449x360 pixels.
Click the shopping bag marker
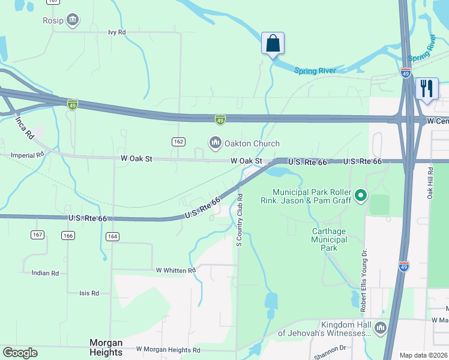[273, 44]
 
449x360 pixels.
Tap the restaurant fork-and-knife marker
[427, 89]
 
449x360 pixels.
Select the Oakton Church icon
[215, 143]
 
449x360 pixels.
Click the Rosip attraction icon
[73, 20]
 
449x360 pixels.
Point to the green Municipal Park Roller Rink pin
[360, 195]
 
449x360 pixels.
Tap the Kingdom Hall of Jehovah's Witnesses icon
[380, 328]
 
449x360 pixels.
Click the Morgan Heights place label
[106, 347]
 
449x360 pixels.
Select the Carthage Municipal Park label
[330, 239]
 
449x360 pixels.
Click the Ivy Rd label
[117, 32]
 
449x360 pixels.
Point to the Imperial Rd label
[28, 155]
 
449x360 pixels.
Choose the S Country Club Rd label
[239, 220]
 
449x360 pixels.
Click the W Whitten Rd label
[176, 271]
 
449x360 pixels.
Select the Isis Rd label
[89, 293]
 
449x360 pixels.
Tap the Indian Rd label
[45, 273]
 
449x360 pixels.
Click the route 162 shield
[178, 142]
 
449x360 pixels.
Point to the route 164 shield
[113, 236]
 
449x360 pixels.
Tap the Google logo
[20, 353]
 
